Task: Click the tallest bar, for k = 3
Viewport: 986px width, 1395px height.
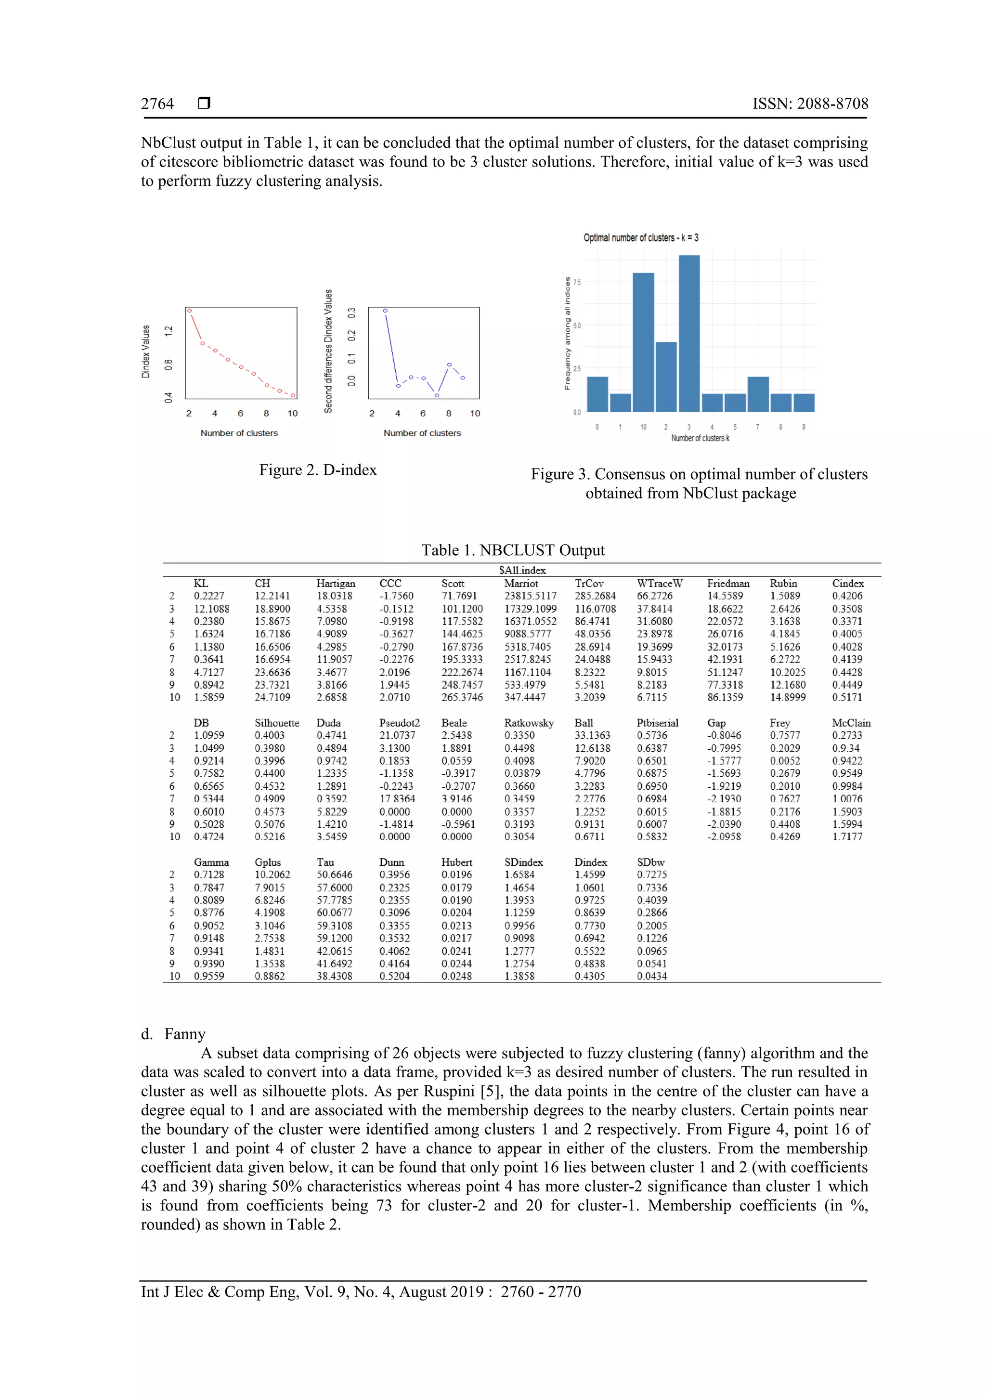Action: point(689,334)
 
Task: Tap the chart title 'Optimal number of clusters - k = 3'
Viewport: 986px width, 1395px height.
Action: point(640,237)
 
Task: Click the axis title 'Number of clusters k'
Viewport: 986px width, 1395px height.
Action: point(700,438)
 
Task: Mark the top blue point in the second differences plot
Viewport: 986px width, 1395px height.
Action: point(385,311)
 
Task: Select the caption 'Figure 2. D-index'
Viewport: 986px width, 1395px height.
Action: point(318,469)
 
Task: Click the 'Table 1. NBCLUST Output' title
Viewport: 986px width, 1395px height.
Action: point(513,550)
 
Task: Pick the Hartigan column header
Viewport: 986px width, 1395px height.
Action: point(336,583)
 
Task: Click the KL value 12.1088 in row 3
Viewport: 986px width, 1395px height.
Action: point(211,609)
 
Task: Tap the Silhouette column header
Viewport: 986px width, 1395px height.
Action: point(276,723)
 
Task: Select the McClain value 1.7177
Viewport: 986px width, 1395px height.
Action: point(847,836)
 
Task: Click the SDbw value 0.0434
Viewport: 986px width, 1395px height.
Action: point(651,977)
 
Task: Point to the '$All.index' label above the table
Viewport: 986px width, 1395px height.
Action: point(522,570)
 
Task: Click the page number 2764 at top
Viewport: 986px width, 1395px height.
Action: point(157,104)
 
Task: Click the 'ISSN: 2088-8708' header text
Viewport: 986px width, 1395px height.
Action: point(810,104)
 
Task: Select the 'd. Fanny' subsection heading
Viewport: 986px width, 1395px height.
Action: point(173,1034)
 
